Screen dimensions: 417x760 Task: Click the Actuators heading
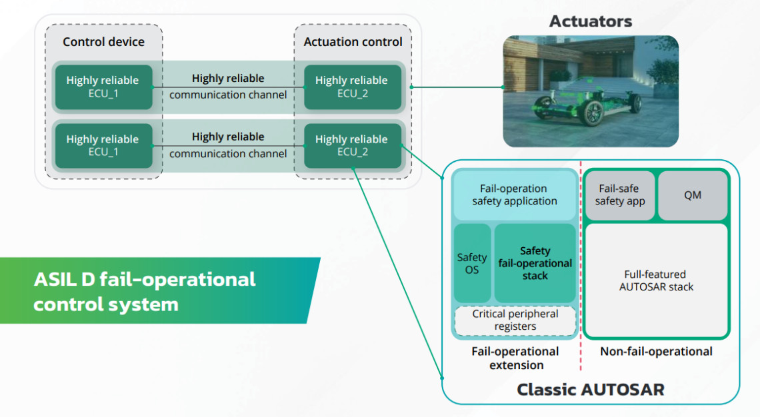[x=590, y=21]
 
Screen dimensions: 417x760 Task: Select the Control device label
[x=103, y=41]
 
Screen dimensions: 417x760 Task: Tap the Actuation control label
[x=353, y=41]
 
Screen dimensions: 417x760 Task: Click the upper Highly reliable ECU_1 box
[x=103, y=87]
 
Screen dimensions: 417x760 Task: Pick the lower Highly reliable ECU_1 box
[x=103, y=146]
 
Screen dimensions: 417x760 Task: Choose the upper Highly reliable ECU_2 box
[x=352, y=87]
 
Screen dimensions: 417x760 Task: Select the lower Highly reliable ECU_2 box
[x=352, y=146]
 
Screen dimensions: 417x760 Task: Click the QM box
[x=693, y=195]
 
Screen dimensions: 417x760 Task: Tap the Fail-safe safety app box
[x=620, y=195]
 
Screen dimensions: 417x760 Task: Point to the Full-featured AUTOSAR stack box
[x=656, y=280]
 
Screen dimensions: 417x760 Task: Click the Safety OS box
[x=472, y=264]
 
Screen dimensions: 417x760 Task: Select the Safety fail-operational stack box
[x=535, y=263]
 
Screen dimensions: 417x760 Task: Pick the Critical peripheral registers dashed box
[x=515, y=320]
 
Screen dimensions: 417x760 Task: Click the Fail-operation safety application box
[x=514, y=195]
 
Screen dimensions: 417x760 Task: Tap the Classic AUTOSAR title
[x=590, y=389]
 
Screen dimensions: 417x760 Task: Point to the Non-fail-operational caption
[x=656, y=351]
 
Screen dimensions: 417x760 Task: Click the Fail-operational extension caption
[x=515, y=358]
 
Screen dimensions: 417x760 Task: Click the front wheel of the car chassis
[x=593, y=113]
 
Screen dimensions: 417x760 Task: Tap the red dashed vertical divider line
[x=580, y=266]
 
